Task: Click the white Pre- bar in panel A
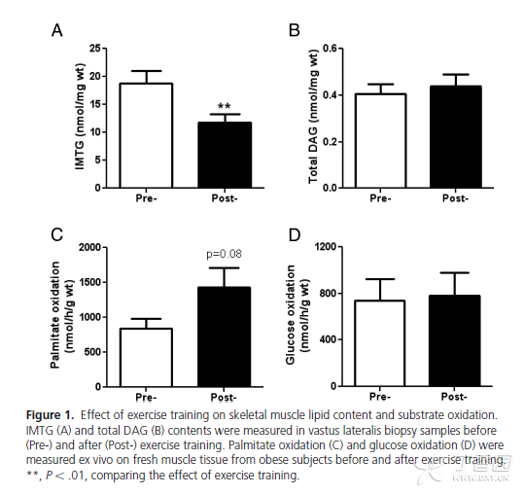pyautogui.click(x=147, y=135)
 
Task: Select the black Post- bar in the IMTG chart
pyautogui.click(x=225, y=155)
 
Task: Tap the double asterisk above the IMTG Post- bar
pyautogui.click(x=225, y=107)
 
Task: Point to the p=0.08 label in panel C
pyautogui.click(x=224, y=254)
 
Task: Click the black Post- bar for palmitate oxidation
pyautogui.click(x=225, y=336)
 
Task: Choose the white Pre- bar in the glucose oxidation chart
pyautogui.click(x=380, y=343)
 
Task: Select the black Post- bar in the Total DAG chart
pyautogui.click(x=456, y=137)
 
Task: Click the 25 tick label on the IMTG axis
pyautogui.click(x=95, y=49)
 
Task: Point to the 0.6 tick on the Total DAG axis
pyautogui.click(x=330, y=49)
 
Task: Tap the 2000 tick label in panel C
pyautogui.click(x=89, y=248)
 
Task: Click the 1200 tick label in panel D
pyautogui.click(x=326, y=247)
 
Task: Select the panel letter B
pyautogui.click(x=295, y=30)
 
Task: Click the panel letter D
pyautogui.click(x=295, y=235)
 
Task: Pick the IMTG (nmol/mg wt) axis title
pyautogui.click(x=80, y=117)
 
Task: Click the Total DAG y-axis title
pyautogui.click(x=313, y=117)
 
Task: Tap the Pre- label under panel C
pyautogui.click(x=146, y=398)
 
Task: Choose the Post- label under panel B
pyautogui.click(x=455, y=198)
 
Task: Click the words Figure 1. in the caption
pyautogui.click(x=50, y=415)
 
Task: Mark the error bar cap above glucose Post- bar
pyautogui.click(x=455, y=272)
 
